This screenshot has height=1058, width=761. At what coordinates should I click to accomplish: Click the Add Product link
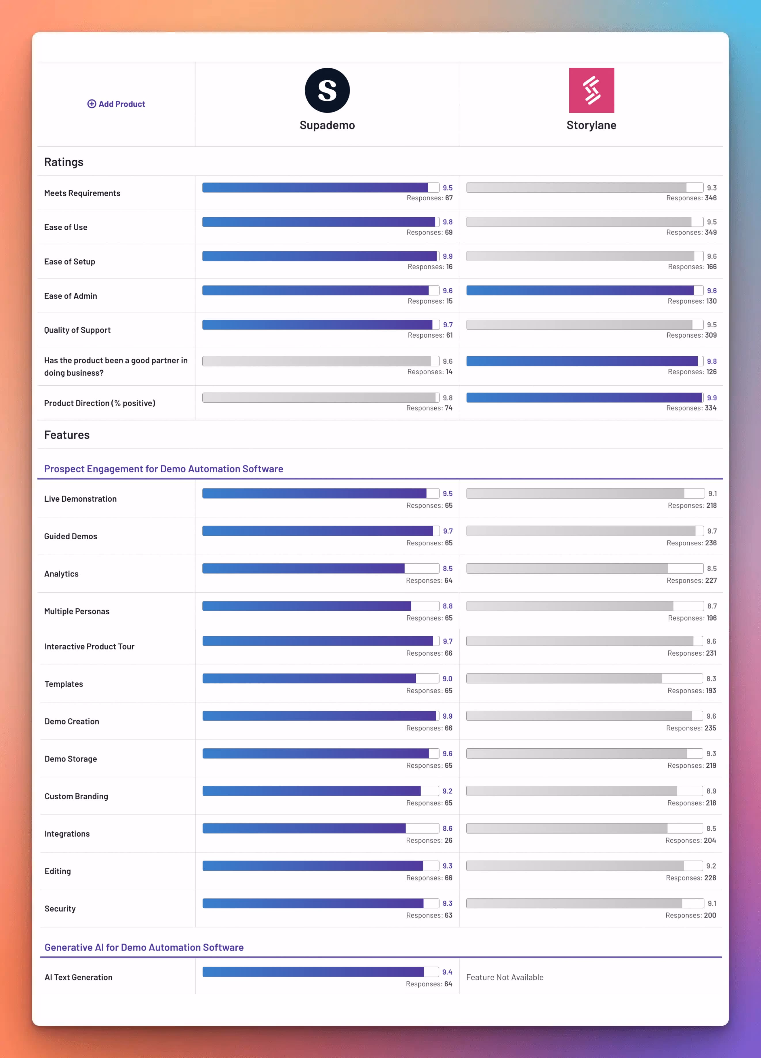[x=116, y=104]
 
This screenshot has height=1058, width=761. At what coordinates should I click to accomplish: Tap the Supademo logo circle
[x=327, y=90]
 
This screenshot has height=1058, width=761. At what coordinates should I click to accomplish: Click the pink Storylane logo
[x=591, y=90]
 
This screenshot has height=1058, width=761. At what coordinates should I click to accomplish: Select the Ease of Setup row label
[x=70, y=262]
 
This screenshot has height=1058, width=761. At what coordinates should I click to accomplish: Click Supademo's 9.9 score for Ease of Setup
[x=448, y=256]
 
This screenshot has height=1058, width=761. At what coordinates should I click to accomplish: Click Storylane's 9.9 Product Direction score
[x=711, y=398]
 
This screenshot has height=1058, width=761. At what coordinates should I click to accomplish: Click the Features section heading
[x=67, y=435]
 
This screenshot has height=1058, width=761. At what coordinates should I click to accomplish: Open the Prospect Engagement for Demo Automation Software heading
[x=163, y=469]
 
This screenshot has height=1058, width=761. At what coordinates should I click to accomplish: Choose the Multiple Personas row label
[x=77, y=612]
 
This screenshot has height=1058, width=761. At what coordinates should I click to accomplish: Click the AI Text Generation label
[x=78, y=977]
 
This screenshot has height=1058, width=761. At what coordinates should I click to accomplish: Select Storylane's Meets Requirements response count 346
[x=711, y=198]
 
